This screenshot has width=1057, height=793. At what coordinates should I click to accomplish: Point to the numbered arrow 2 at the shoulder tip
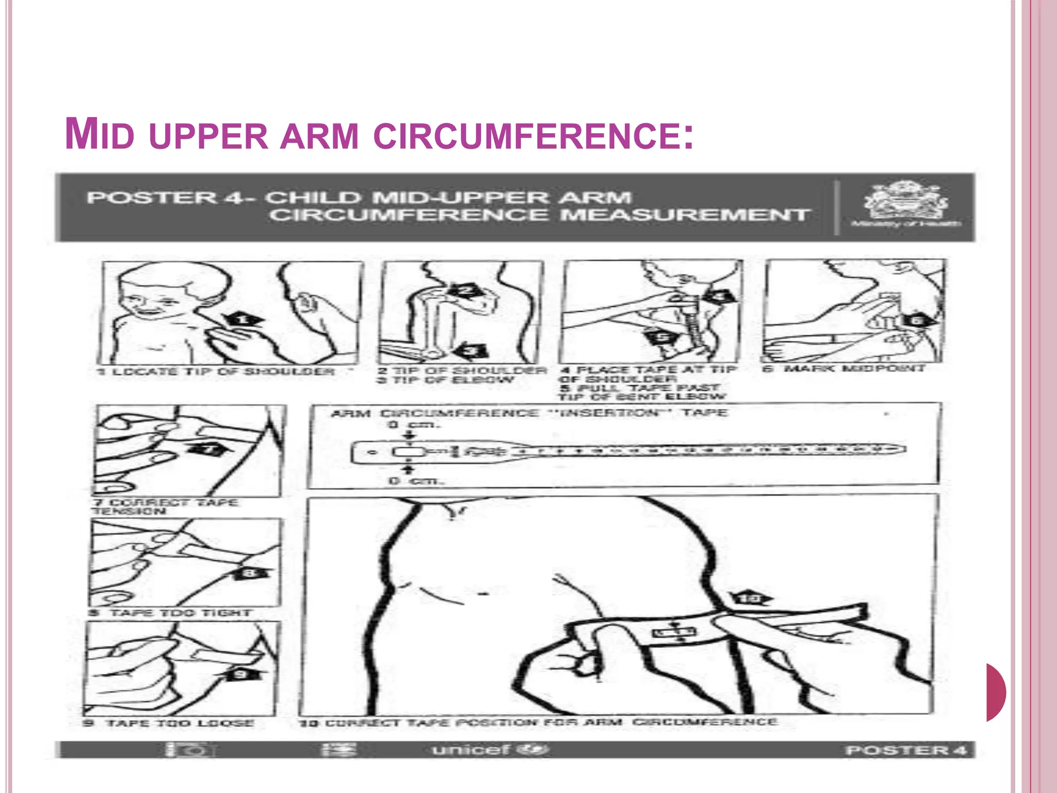point(466,291)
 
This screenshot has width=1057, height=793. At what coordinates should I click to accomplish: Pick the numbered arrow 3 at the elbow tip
point(471,351)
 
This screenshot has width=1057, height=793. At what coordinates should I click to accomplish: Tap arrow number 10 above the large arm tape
point(751,598)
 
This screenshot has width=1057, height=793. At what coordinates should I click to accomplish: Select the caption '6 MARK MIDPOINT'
point(844,369)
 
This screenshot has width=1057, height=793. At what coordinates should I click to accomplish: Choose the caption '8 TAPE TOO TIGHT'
point(170,613)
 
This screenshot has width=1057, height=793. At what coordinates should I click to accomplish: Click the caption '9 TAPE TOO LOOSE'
point(169,723)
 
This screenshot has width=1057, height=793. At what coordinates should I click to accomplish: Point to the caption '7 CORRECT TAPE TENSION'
point(165,506)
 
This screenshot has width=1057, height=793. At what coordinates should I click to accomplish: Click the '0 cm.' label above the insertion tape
point(413,425)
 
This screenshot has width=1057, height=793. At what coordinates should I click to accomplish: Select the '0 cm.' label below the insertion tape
point(416,481)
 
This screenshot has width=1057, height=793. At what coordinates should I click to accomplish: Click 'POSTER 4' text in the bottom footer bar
point(906,750)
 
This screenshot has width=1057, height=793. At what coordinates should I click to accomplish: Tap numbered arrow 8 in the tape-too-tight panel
point(249,573)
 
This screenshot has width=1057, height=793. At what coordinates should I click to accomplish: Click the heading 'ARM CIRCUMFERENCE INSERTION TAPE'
point(528,413)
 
